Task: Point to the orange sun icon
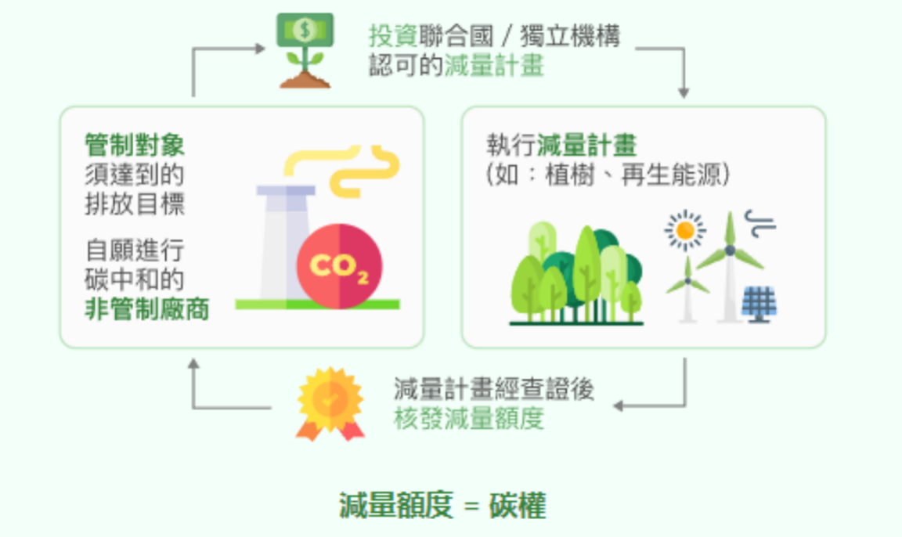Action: [x=685, y=230]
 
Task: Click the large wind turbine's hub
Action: [x=730, y=250]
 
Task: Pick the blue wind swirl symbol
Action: [x=759, y=223]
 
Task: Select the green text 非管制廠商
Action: [x=147, y=308]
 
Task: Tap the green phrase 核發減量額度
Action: [x=468, y=420]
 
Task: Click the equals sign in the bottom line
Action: [x=471, y=507]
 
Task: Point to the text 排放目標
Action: [x=135, y=204]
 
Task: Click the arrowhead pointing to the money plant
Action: [x=261, y=49]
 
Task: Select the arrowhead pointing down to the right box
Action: [x=684, y=92]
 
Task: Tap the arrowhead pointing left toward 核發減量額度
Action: [x=618, y=405]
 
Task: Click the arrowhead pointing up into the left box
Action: [x=193, y=364]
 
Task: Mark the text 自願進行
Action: [x=135, y=251]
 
